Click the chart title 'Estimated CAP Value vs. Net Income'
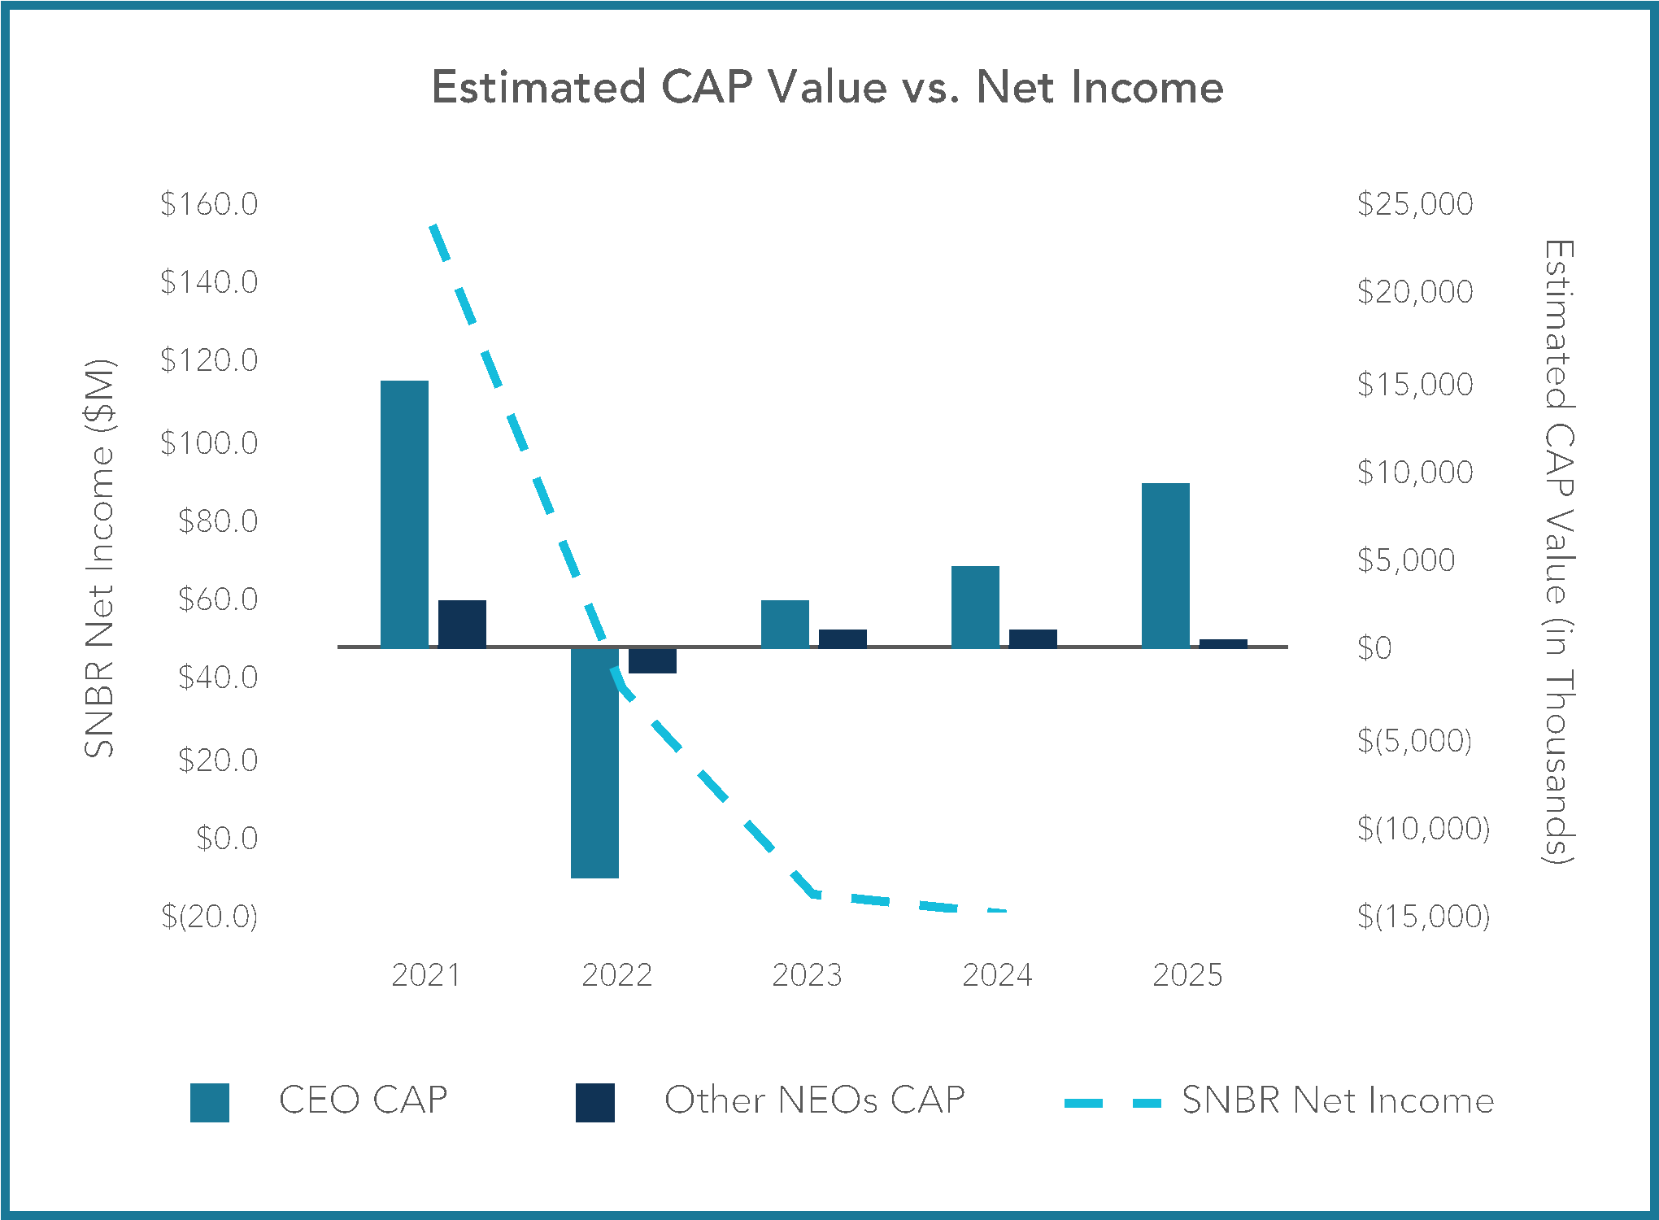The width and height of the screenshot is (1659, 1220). click(827, 87)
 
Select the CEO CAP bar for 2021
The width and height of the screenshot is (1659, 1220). click(404, 513)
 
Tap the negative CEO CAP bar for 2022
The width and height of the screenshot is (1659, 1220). click(594, 763)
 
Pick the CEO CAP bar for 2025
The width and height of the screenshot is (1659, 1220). click(1165, 565)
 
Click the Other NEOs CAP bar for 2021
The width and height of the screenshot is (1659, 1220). click(462, 624)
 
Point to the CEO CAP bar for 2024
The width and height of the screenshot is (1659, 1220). click(975, 606)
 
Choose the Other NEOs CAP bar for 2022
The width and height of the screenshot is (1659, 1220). click(652, 660)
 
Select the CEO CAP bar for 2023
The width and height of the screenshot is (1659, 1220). click(785, 624)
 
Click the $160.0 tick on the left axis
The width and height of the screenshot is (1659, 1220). click(209, 203)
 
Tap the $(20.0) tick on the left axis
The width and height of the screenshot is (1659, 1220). click(209, 917)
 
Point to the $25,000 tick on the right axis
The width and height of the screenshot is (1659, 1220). click(1415, 203)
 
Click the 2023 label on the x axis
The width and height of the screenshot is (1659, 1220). click(807, 974)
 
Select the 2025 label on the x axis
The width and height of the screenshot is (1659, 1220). click(1187, 974)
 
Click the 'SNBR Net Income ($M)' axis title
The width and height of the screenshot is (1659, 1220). click(100, 559)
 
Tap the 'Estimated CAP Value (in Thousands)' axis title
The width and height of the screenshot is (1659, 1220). click(1559, 551)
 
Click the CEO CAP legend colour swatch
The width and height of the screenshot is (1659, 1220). click(210, 1102)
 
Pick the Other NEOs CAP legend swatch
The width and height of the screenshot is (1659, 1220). click(595, 1102)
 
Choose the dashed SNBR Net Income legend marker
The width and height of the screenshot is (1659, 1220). click(1113, 1103)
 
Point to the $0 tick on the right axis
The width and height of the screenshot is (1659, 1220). click(1374, 648)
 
